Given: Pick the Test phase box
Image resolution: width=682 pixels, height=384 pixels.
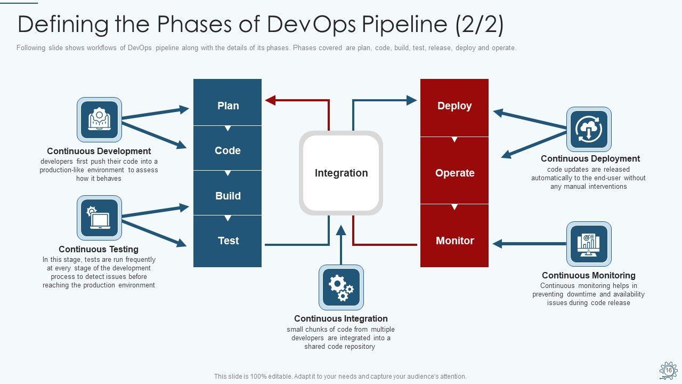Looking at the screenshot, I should click(228, 241).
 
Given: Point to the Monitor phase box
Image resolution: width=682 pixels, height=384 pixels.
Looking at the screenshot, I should click(454, 241).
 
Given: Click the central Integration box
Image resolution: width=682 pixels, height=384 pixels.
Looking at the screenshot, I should click(341, 173).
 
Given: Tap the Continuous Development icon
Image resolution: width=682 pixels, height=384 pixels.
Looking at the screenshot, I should click(99, 119).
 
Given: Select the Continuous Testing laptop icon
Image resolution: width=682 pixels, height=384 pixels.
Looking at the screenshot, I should click(99, 218).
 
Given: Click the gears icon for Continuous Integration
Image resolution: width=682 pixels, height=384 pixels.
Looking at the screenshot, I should click(341, 287).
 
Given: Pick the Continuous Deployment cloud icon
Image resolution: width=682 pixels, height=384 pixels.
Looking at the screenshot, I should click(589, 129).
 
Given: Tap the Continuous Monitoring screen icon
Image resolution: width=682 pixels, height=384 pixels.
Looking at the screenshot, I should click(589, 244).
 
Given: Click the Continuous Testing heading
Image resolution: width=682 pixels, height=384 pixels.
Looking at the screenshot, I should click(99, 249).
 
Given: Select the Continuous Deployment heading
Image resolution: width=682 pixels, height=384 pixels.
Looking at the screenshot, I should click(590, 158).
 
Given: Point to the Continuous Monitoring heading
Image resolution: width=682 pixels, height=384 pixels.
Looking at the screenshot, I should click(589, 275).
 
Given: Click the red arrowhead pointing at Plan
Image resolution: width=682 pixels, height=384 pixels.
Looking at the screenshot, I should click(270, 100).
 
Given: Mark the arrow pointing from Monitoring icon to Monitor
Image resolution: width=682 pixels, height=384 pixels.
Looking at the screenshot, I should click(527, 244).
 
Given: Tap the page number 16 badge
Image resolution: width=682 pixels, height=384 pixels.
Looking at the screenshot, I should click(668, 370).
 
